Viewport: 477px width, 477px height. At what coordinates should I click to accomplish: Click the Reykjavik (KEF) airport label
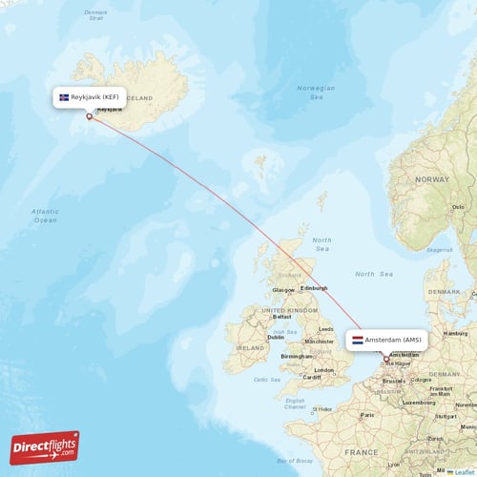tap(94, 97)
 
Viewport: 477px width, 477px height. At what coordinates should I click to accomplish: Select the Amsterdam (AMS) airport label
tap(393, 340)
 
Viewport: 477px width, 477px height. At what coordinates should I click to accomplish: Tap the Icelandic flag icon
tap(65, 97)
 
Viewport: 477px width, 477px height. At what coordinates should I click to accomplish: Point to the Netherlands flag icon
tap(358, 340)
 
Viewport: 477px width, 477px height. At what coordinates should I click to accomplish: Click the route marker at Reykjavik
tap(90, 117)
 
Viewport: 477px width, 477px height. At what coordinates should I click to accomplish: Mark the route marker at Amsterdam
tap(386, 360)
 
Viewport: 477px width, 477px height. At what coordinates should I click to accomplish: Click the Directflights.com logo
tap(45, 446)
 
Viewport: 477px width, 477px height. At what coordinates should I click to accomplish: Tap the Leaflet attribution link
tap(464, 471)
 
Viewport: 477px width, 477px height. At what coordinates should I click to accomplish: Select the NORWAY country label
tap(431, 179)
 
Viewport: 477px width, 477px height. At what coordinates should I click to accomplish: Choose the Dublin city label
tap(276, 337)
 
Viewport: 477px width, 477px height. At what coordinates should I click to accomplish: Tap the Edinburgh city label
tap(314, 288)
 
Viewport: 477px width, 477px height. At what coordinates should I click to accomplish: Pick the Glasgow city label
tap(282, 290)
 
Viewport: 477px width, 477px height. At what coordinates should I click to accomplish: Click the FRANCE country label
tap(362, 451)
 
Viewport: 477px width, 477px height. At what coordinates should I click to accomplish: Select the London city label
tap(325, 370)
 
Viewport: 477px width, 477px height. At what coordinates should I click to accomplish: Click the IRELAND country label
tap(250, 349)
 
